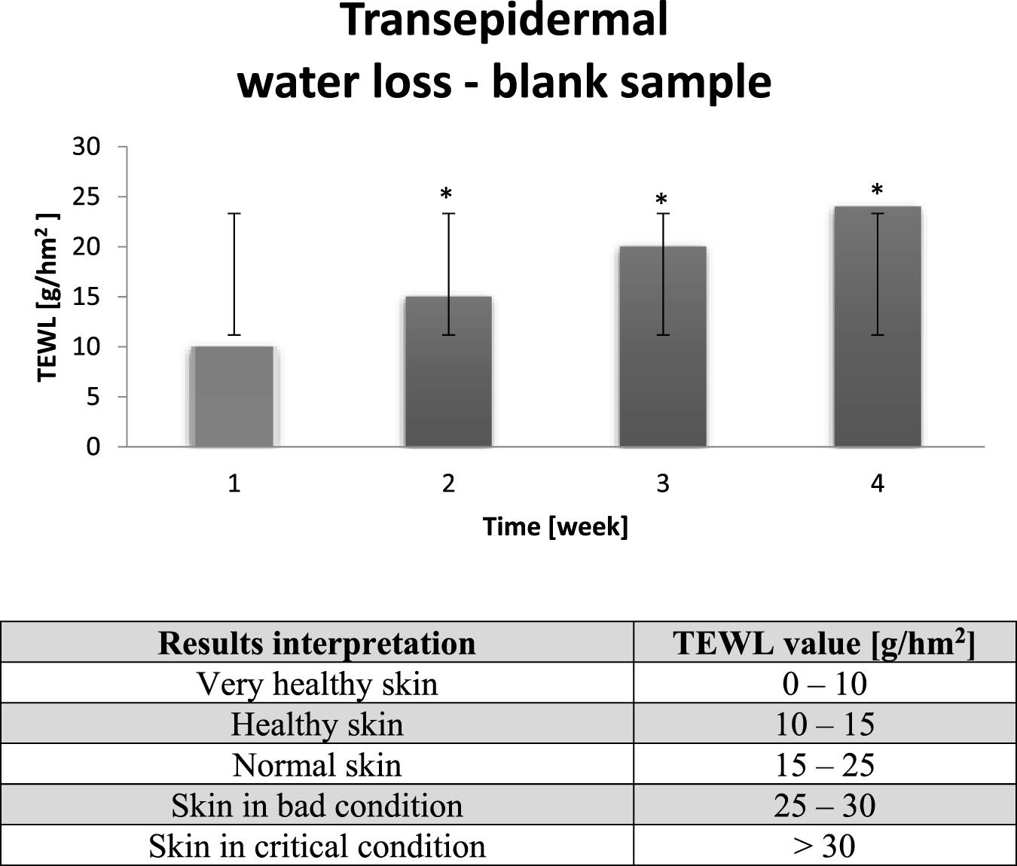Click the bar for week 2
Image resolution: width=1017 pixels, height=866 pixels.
448,371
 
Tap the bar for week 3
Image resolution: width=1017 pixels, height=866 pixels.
663,346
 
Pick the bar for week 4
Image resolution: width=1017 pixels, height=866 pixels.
878,327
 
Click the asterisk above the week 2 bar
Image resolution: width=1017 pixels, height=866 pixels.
446,194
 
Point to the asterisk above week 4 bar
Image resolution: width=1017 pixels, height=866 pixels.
877,189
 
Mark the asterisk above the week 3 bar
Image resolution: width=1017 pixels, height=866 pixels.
661,199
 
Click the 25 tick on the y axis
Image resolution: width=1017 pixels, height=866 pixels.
86,197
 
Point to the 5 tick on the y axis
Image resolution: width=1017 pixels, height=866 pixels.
93,397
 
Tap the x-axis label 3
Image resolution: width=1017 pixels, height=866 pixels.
663,484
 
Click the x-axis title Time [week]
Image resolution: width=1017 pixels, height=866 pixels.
555,527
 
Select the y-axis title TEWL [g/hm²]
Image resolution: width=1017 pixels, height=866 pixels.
48,297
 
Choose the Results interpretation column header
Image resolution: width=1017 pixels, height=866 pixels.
317,643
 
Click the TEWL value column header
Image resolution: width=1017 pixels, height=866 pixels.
824,642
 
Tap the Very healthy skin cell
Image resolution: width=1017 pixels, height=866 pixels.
317,683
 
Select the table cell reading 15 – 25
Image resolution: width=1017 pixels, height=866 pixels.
825,764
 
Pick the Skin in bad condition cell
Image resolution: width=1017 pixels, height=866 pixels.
317,805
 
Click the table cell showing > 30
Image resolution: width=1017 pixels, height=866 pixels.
825,846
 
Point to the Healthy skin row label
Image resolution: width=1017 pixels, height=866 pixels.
317,724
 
